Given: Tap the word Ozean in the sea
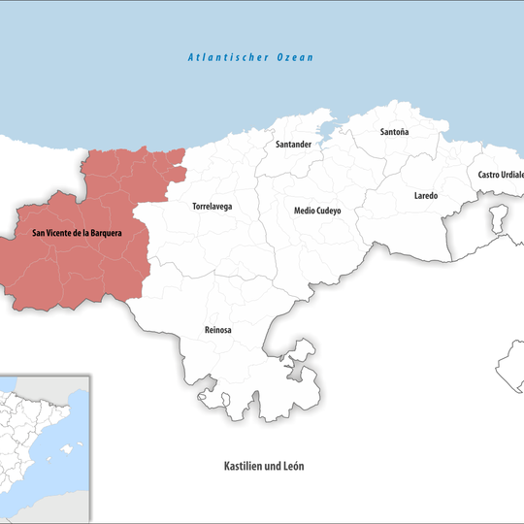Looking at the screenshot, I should tap(295, 58).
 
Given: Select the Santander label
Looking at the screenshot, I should tap(293, 145).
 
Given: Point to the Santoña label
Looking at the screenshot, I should tap(395, 131).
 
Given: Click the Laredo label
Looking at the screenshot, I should tap(426, 196).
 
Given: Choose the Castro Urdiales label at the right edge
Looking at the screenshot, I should tap(500, 175).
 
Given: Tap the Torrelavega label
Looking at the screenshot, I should tap(213, 207).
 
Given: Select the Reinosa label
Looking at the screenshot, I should tap(218, 331).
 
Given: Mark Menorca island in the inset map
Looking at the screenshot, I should tap(81, 442).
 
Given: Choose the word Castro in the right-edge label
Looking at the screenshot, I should tap(488, 175).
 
